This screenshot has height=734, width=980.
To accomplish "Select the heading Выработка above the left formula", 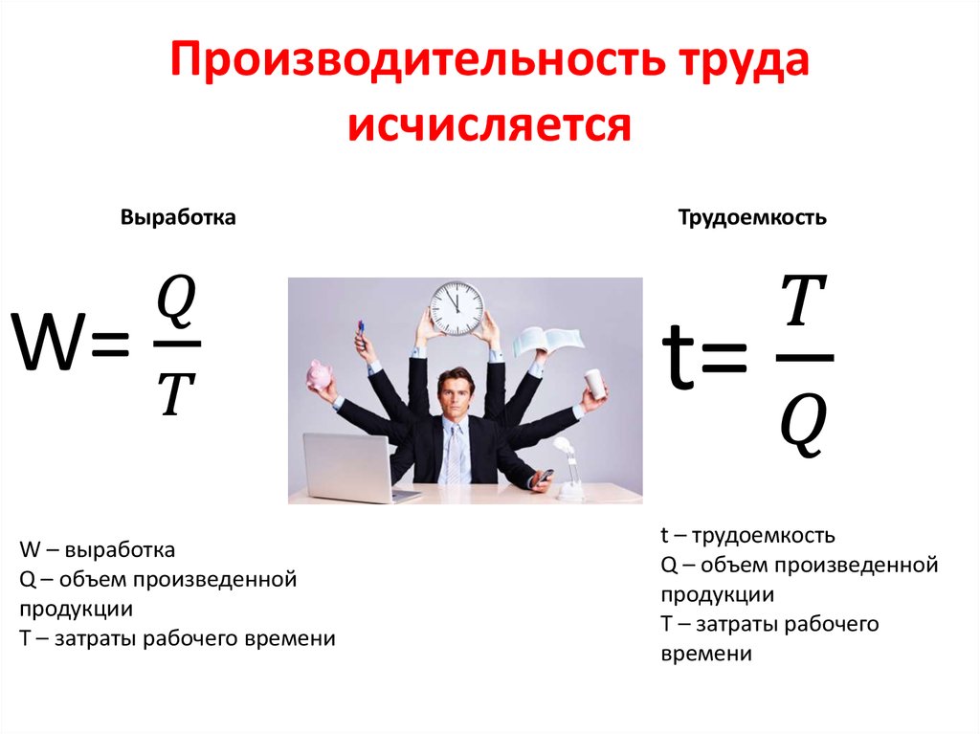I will click(x=178, y=218).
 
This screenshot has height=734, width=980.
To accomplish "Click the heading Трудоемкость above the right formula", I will click(x=752, y=218).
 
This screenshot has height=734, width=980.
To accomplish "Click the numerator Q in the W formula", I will click(x=176, y=301).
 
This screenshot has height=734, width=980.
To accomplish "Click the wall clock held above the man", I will click(x=457, y=307).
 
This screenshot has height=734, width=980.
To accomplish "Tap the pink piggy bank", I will click(x=319, y=374).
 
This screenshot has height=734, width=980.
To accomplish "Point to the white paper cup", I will click(x=594, y=383).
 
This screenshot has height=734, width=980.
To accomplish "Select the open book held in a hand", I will click(x=546, y=341).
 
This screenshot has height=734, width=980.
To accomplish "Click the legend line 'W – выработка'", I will click(x=97, y=550).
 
